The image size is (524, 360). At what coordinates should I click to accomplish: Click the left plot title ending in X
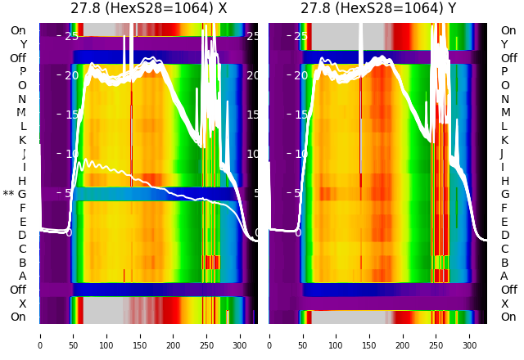tap(148, 9)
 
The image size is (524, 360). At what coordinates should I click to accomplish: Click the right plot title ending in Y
tap(377, 9)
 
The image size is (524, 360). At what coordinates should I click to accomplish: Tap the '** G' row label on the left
tap(16, 194)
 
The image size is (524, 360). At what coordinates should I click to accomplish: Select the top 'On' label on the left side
tap(18, 30)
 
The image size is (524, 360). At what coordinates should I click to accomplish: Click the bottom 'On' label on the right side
tap(508, 317)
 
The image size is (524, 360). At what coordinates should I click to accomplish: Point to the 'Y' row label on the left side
tap(23, 44)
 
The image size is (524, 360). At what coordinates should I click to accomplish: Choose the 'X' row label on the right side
tap(504, 304)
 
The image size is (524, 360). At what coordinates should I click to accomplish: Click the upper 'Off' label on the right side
tap(508, 58)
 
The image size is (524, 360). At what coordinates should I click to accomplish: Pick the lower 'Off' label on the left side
tap(18, 290)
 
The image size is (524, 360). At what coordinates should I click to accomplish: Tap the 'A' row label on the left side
tap(23, 276)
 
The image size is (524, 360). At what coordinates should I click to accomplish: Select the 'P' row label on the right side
tap(504, 72)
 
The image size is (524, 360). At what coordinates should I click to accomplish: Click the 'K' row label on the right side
tap(504, 140)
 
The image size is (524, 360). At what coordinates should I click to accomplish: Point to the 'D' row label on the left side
tap(23, 235)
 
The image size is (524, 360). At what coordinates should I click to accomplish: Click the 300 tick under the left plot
tap(240, 335)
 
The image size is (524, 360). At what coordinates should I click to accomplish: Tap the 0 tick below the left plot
tap(39, 335)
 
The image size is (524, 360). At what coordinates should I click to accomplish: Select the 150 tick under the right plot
tap(369, 335)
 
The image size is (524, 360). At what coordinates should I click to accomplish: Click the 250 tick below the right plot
tap(436, 335)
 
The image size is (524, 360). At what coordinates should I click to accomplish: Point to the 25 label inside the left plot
tap(70, 36)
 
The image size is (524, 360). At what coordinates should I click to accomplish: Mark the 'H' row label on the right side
tap(504, 181)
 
